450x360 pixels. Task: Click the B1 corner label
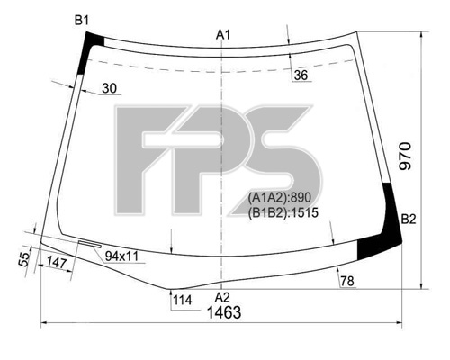click(x=82, y=21)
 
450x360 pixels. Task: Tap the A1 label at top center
click(x=223, y=35)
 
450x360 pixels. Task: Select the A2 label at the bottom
click(x=222, y=297)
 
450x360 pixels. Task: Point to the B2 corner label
click(x=409, y=220)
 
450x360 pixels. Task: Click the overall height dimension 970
click(x=405, y=157)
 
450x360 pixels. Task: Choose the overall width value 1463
click(x=224, y=312)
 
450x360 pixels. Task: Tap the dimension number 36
click(x=301, y=76)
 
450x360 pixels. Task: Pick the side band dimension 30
click(x=109, y=88)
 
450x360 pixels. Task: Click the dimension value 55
click(x=24, y=259)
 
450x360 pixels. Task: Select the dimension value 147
click(x=56, y=263)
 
